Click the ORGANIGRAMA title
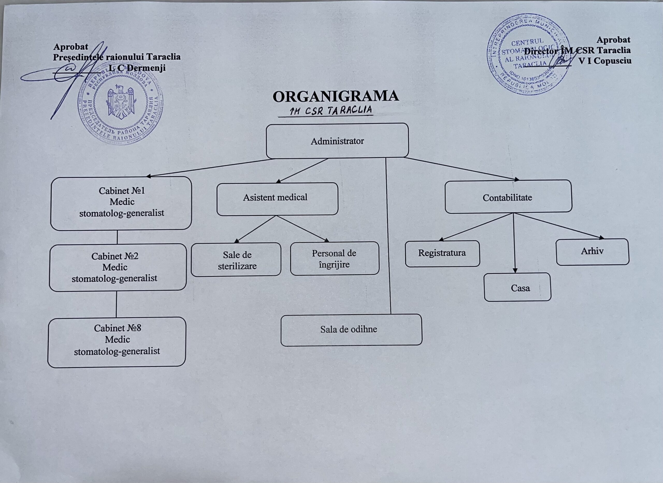coord(335,97)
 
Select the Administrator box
coord(337,141)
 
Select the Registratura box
coord(442,253)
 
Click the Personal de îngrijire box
coord(335,259)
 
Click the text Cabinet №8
coord(118,328)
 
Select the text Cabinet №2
coord(115,256)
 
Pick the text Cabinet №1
coord(122,191)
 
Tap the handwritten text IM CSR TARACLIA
coord(330,111)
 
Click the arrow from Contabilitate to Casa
coord(514,243)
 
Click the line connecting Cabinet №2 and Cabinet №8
coord(116,304)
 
